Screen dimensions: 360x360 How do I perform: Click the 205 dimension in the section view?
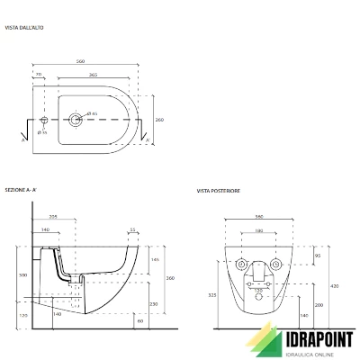coord(53,218)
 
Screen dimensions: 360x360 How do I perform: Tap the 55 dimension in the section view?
coord(133,230)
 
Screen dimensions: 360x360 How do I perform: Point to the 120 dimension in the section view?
coord(23,316)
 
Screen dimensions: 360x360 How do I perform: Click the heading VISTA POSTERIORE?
coord(220,191)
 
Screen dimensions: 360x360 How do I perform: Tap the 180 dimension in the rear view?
coord(259,230)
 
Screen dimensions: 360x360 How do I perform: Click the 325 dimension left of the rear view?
coord(211,295)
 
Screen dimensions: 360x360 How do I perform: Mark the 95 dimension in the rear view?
coord(318,256)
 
